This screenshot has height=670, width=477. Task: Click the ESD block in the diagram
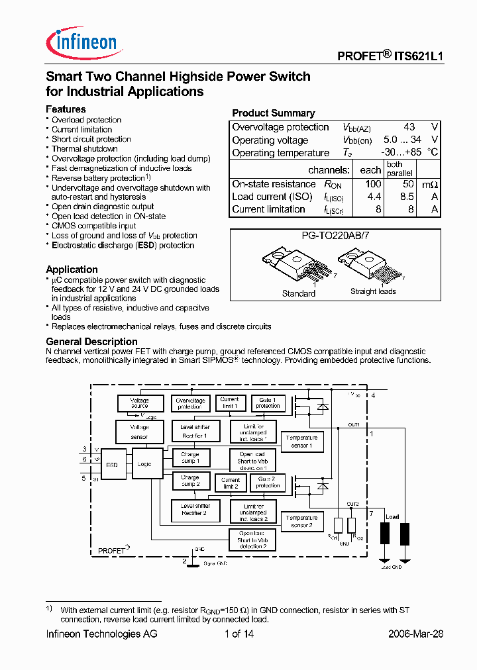(112, 465)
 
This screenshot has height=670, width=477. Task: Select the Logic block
(144, 464)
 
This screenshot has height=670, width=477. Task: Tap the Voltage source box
(139, 403)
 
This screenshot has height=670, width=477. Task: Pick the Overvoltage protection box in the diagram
(190, 403)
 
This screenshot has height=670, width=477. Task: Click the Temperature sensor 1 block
(301, 441)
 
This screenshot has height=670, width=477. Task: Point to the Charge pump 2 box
(190, 481)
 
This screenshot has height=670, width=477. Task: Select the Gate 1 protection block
(268, 403)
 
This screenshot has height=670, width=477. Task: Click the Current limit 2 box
(230, 483)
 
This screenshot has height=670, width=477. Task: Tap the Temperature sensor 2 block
(301, 521)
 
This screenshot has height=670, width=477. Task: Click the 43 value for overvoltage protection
(409, 127)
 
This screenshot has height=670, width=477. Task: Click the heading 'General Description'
(91, 342)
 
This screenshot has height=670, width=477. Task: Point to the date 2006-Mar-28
(415, 634)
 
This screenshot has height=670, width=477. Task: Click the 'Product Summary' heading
(273, 113)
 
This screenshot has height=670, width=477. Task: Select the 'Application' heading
(72, 269)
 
